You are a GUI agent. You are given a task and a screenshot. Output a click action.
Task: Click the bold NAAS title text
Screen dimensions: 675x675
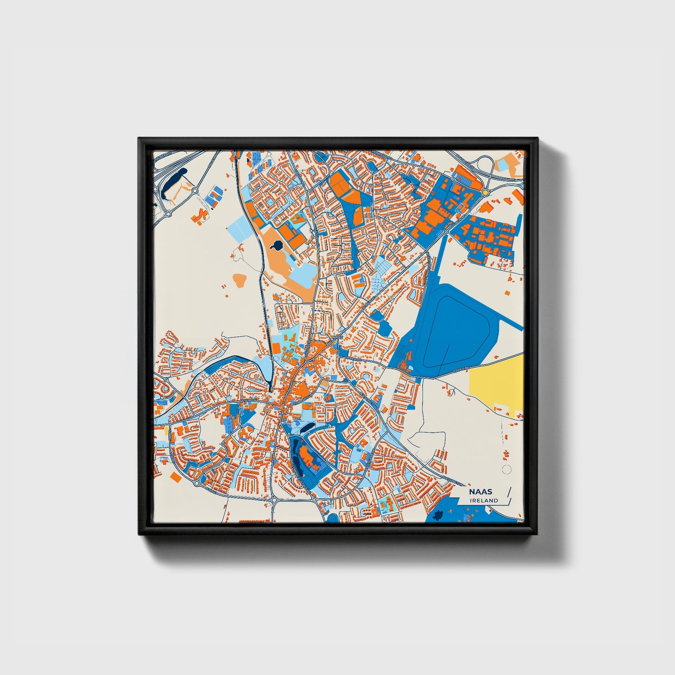click(x=480, y=492)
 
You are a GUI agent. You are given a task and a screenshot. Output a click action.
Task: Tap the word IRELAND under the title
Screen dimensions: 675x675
click(x=484, y=500)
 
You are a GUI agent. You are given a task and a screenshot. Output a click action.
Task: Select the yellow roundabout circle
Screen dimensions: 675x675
click(x=485, y=192)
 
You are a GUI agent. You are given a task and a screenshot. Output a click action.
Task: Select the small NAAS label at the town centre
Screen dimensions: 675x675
click(x=338, y=336)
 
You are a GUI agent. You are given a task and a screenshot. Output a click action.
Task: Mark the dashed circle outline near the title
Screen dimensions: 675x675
click(x=505, y=469)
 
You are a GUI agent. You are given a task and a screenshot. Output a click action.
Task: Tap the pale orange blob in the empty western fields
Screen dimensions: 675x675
click(x=240, y=280)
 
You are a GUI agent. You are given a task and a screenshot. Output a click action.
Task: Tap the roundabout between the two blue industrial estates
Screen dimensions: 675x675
click(x=447, y=231)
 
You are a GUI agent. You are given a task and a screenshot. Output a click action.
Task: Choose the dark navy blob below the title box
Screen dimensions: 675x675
click(x=438, y=516)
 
